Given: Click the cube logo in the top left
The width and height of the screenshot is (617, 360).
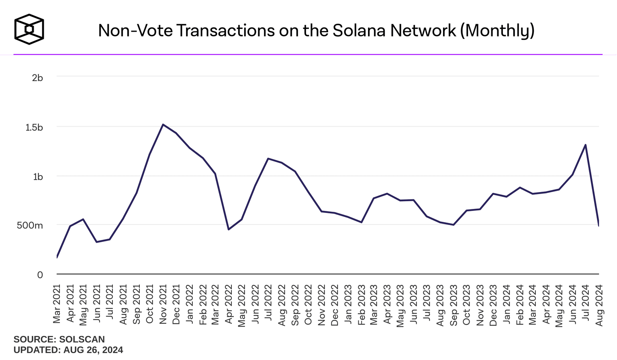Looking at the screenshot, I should tap(29, 29).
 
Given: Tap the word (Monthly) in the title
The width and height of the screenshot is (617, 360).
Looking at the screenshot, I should tap(497, 31).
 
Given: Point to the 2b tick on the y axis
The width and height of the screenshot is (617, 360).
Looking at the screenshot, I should tap(37, 78).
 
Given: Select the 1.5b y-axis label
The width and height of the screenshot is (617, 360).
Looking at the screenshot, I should tap(34, 127).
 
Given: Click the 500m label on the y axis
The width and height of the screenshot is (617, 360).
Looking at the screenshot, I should tap(30, 225).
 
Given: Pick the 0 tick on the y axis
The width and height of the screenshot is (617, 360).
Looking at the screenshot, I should tap(40, 275).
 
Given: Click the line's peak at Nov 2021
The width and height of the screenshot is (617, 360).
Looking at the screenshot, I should tap(163, 125).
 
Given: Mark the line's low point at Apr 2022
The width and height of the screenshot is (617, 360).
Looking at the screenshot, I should tap(229, 229).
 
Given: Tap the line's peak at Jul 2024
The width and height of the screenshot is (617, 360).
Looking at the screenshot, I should tap(586, 145).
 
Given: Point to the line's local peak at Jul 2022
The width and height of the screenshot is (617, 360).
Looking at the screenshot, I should tap(268, 158).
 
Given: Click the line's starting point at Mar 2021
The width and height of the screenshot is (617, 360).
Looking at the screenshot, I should tap(57, 258).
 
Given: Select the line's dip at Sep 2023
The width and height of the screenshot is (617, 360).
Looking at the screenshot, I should tap(454, 225).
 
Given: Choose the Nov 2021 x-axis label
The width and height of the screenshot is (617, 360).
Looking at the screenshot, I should tap(163, 304).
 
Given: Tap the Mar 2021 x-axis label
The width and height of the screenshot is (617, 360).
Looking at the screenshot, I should tap(57, 304).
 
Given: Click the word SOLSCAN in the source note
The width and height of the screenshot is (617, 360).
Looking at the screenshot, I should tap(82, 340).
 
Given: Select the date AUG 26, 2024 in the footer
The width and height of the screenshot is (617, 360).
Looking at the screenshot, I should tap(93, 350).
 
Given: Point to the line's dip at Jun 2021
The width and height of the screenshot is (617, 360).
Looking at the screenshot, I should tap(96, 242).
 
